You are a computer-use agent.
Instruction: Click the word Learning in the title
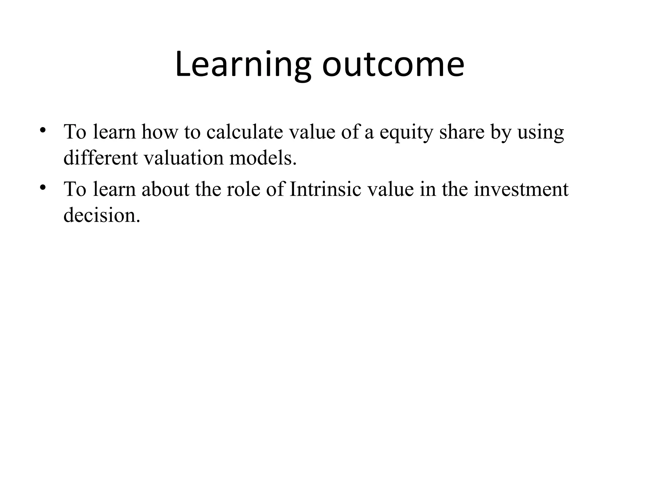pyautogui.click(x=243, y=65)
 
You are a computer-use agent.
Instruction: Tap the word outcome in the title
pyautogui.click(x=393, y=65)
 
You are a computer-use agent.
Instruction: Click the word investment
pyautogui.click(x=521, y=189)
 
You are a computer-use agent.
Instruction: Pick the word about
pyautogui.click(x=165, y=189)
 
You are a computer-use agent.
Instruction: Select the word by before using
pyautogui.click(x=501, y=133)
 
